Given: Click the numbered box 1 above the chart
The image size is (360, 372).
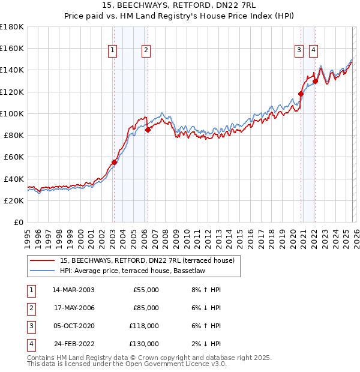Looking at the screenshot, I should pos(112,51).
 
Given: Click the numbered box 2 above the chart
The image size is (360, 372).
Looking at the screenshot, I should pos(146,51).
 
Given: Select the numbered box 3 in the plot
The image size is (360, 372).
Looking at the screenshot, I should pos(299,51).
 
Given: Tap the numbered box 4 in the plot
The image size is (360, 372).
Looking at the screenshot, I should pos(313,51).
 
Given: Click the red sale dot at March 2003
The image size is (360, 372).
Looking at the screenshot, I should pos(114,162).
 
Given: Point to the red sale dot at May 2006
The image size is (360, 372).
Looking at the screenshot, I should pos(148,130).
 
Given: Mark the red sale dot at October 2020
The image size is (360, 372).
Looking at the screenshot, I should pos(301,94).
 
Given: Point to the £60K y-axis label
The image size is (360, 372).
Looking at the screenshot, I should pos(14,157).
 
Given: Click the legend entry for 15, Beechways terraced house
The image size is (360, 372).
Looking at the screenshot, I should pos(150,260).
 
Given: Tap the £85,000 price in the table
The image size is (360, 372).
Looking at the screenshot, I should pos(145,308).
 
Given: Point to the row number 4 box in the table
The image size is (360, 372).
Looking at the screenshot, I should pos(31,344).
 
